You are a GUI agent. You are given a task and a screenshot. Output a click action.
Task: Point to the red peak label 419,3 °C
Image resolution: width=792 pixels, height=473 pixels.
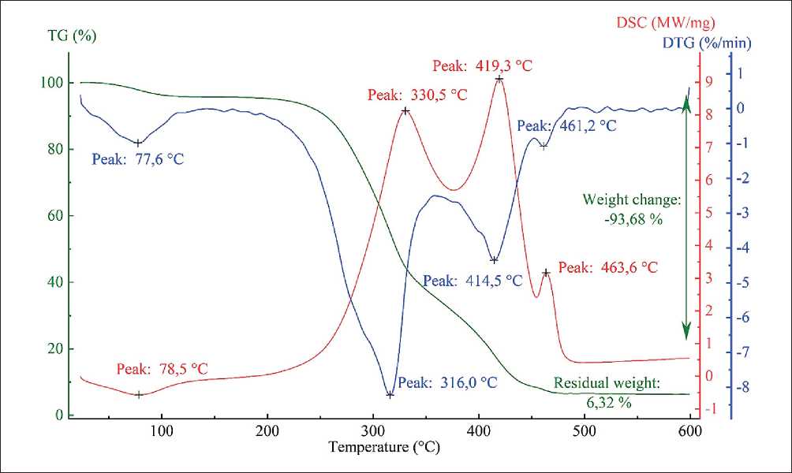tap(482, 65)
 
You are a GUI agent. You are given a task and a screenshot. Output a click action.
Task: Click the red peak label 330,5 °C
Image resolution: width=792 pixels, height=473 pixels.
tap(417, 95)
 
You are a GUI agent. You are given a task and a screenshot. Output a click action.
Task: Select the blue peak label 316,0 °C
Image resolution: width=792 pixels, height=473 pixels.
tap(447, 383)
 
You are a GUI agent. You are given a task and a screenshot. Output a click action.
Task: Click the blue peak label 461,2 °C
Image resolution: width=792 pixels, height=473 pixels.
tap(566, 125)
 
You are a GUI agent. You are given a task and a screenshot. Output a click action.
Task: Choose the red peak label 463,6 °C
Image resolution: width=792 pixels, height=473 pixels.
tap(607, 268)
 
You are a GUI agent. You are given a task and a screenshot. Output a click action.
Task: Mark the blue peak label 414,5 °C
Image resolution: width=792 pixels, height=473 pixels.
tap(473, 281)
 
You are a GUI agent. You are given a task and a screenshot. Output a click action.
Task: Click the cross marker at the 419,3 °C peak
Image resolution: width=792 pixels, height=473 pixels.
tap(499, 79)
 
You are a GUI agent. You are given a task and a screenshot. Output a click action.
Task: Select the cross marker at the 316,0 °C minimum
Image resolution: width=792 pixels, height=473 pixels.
tap(390, 394)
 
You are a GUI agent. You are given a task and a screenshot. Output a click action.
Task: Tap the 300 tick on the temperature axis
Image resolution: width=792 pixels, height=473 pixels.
tap(372, 431)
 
